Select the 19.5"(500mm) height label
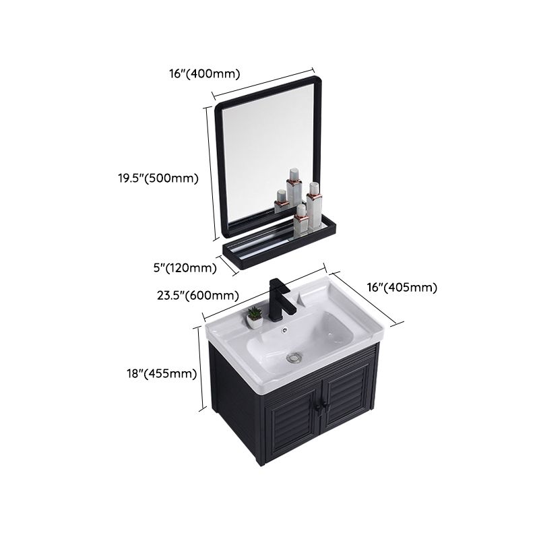[x=156, y=179]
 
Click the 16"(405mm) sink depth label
[x=402, y=288]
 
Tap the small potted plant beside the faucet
[x=255, y=317]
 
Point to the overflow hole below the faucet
[x=284, y=330]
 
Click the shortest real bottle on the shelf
[x=280, y=201]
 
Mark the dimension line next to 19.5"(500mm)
[x=211, y=173]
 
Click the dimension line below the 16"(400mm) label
[x=264, y=82]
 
